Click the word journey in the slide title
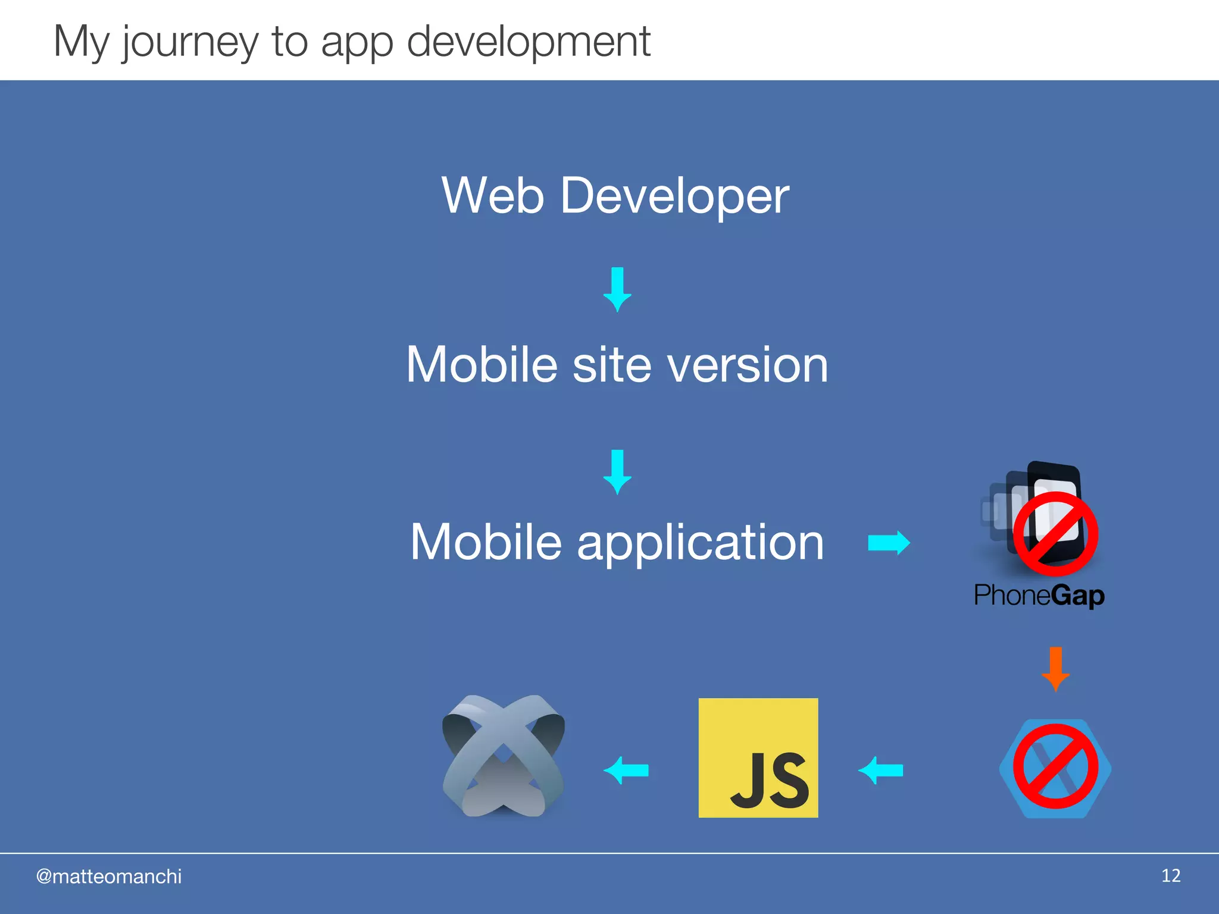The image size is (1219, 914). (x=190, y=43)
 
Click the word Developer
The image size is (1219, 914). (x=674, y=196)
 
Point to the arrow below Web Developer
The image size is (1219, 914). (x=617, y=289)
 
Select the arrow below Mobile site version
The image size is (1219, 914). (x=617, y=472)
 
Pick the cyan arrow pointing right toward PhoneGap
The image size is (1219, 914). (x=889, y=543)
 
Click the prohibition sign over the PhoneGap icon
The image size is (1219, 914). (x=1055, y=533)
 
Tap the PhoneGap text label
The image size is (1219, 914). (x=1039, y=595)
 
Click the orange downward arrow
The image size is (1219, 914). (x=1055, y=669)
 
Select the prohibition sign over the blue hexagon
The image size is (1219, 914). (x=1055, y=766)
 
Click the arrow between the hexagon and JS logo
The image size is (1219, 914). (x=880, y=771)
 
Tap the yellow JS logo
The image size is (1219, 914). (x=758, y=758)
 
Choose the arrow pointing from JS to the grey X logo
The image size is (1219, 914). (x=626, y=771)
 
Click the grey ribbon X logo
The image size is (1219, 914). (x=504, y=756)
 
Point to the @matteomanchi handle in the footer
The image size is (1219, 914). (x=109, y=877)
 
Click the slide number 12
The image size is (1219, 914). (x=1170, y=875)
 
